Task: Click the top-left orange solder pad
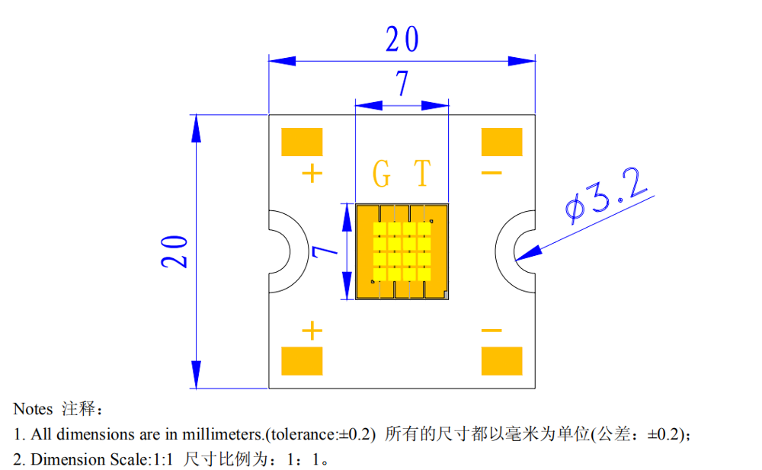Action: pos(302,142)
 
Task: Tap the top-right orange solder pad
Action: pos(501,142)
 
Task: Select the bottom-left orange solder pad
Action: pos(302,361)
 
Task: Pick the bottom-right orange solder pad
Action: pos(501,361)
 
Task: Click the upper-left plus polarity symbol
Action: pos(312,174)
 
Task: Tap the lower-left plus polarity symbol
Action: pos(312,331)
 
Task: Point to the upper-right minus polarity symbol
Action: pos(491,174)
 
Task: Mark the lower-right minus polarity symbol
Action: pos(491,331)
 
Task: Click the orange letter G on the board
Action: pos(381,174)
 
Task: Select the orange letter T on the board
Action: pos(421,174)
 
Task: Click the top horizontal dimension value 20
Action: pos(402,40)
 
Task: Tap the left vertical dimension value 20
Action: pos(174,251)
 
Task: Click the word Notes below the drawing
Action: pos(33,410)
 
